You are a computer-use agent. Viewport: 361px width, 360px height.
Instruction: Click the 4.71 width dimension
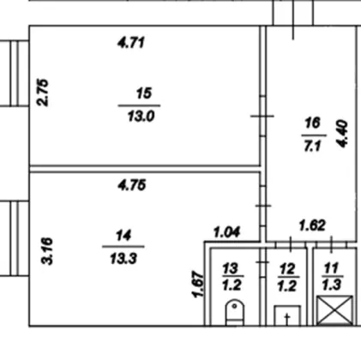tap(131, 43)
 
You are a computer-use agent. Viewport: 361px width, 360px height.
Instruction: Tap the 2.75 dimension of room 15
tap(44, 93)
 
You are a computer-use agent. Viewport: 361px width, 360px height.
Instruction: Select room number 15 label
tap(144, 93)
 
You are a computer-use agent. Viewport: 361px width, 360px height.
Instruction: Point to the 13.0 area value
tap(141, 117)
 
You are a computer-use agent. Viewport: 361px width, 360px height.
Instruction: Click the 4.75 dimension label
tap(132, 185)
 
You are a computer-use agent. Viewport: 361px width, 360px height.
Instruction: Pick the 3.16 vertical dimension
tap(47, 251)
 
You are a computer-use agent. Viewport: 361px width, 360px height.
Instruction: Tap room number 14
tap(123, 236)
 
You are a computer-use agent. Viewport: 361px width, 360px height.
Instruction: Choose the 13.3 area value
tap(123, 259)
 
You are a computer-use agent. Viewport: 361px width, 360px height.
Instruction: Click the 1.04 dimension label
tap(227, 232)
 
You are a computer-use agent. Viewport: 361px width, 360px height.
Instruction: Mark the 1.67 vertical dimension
tap(198, 285)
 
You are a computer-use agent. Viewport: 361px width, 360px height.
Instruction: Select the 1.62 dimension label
tap(312, 225)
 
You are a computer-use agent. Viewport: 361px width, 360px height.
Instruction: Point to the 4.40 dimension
tap(342, 135)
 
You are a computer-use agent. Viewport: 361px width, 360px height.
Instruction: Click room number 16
tap(312, 123)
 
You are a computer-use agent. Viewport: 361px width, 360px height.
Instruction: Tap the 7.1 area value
tap(312, 146)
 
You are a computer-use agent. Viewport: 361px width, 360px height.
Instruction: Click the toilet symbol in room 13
tap(235, 312)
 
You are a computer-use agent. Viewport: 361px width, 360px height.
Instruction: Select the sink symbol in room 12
tap(287, 315)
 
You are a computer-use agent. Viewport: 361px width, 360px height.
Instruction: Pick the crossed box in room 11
tap(334, 310)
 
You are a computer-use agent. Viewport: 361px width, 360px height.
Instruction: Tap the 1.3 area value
tap(332, 285)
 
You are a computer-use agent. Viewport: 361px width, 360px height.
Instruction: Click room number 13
tap(230, 268)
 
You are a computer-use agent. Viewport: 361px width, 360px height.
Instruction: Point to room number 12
tap(287, 269)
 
